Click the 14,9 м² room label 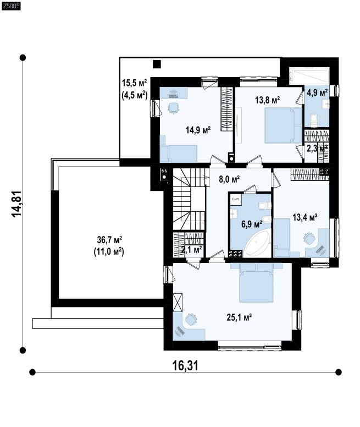click(x=198, y=130)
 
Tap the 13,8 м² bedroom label click(x=267, y=100)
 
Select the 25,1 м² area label click(x=239, y=317)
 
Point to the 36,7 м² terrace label click(x=109, y=240)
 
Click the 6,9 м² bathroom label click(x=252, y=224)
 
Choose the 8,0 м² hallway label click(x=229, y=179)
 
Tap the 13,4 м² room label click(x=305, y=217)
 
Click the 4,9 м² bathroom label click(x=317, y=92)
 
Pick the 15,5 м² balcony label click(x=134, y=82)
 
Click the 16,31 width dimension click(x=185, y=365)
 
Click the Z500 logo click(x=11, y=6)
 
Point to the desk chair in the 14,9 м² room click(x=174, y=107)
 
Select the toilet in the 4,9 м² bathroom click(x=314, y=121)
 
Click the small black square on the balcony click(x=157, y=64)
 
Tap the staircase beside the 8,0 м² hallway click(x=189, y=199)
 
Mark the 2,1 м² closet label click(x=191, y=249)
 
